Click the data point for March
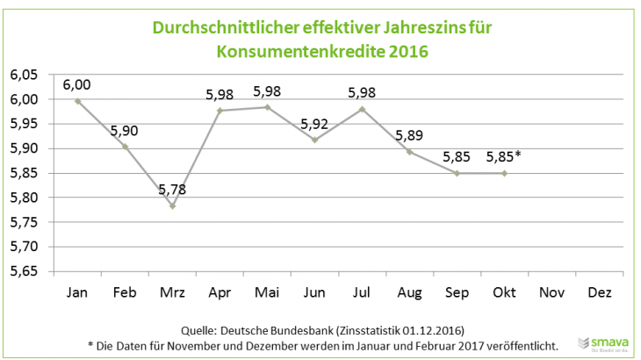click(172, 205)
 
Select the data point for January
click(78, 101)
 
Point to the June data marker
click(313, 140)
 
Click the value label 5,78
click(172, 189)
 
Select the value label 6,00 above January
click(77, 84)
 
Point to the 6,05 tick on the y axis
click(24, 76)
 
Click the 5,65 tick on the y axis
click(24, 271)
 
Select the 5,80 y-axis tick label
click(24, 198)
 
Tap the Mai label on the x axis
click(267, 292)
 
